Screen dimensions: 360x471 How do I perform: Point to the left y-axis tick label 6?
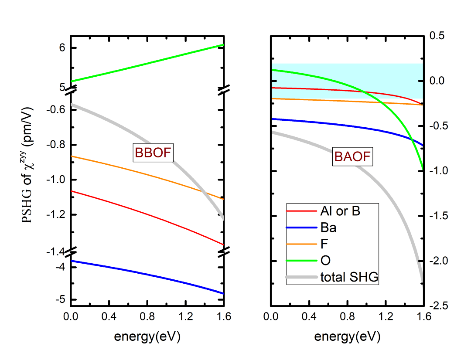tap(62, 48)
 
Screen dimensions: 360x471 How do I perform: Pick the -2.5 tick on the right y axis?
tap(439, 306)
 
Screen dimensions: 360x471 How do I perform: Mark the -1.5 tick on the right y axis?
tap(439, 216)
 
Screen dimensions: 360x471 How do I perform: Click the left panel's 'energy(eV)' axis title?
tap(147, 336)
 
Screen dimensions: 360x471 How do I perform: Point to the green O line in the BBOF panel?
tap(147, 63)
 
